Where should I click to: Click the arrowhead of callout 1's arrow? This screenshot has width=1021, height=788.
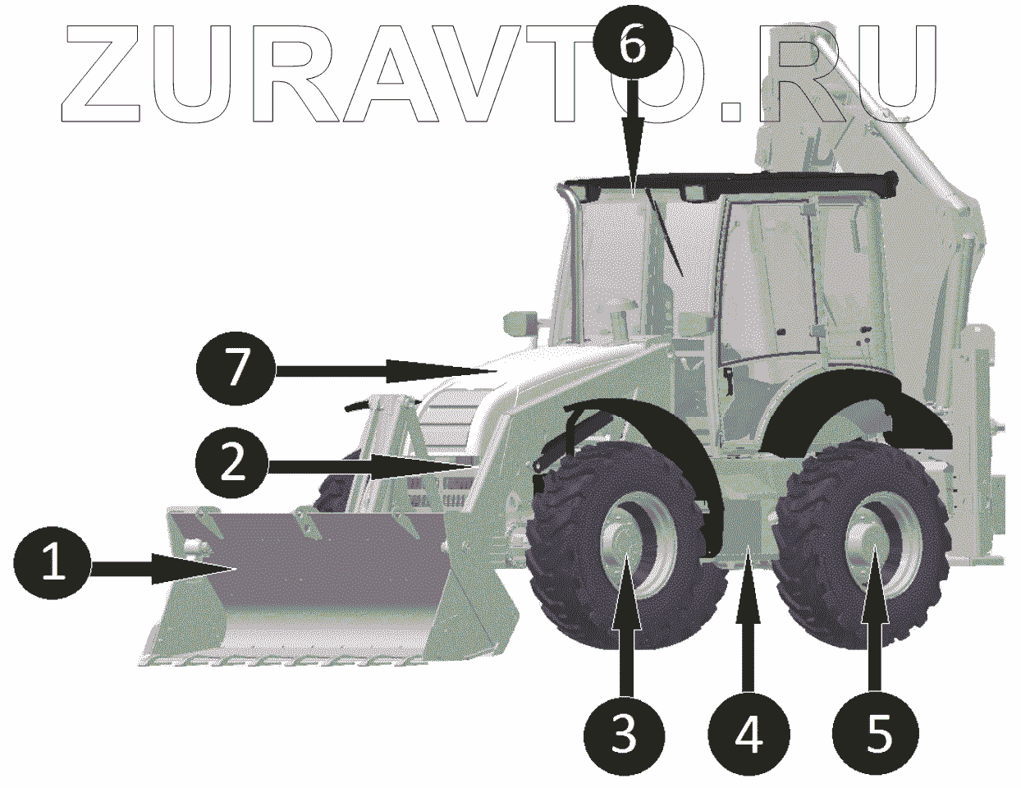click(x=193, y=569)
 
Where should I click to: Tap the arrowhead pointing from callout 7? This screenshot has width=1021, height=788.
click(x=442, y=371)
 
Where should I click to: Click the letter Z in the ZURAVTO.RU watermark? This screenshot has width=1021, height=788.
click(x=101, y=73)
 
